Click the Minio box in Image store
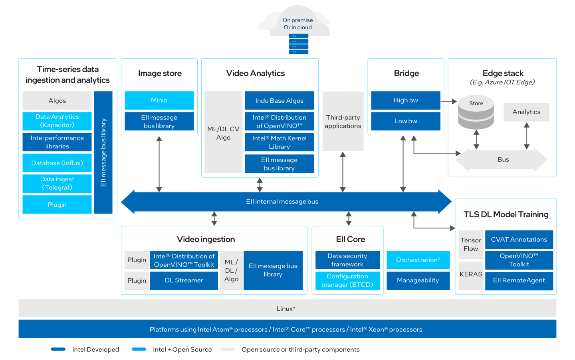159,100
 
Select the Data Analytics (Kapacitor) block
57,121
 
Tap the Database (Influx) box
57,163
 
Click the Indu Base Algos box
279,101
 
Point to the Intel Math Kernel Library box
279,142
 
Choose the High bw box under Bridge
406,100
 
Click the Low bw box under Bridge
406,121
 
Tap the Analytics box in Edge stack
526,112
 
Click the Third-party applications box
343,122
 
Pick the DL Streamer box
184,280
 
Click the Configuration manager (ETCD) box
347,280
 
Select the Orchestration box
418,260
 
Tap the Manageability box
418,280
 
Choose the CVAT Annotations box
519,240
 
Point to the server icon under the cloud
298,44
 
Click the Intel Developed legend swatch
58,349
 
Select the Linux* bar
287,308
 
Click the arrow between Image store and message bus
159,164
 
